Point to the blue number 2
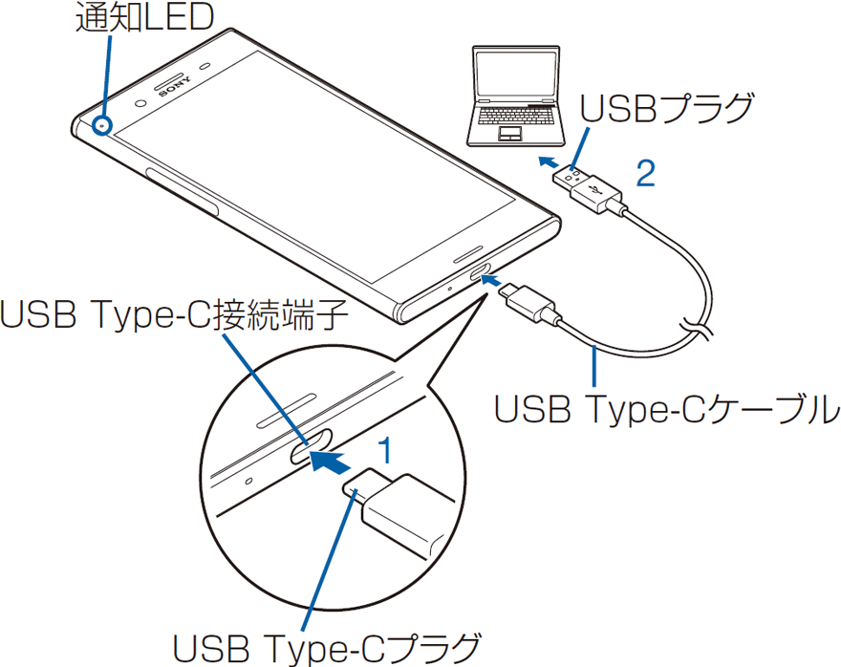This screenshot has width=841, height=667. click(646, 172)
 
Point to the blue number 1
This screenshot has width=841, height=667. click(384, 449)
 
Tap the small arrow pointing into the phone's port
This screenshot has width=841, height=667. click(491, 279)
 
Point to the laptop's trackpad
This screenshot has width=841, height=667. click(507, 133)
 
